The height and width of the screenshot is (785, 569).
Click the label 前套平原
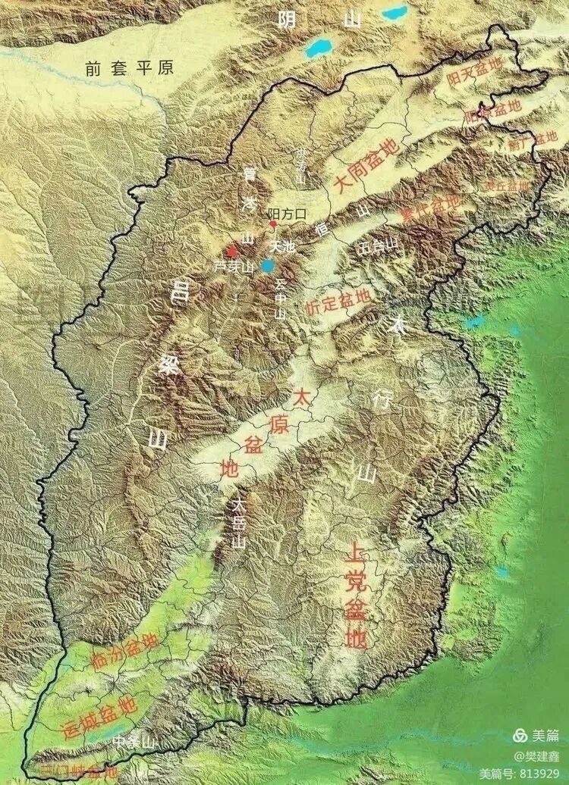pos(130,67)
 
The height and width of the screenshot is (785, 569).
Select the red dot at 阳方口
pos(274,224)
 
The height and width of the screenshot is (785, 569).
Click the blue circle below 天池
pos(267,265)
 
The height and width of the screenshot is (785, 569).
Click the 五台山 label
pos(379,246)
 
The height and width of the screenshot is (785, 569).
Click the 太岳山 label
pos(240,523)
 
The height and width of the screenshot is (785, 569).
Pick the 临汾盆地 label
pos(124,649)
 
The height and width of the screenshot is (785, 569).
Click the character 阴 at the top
pos(287,20)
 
